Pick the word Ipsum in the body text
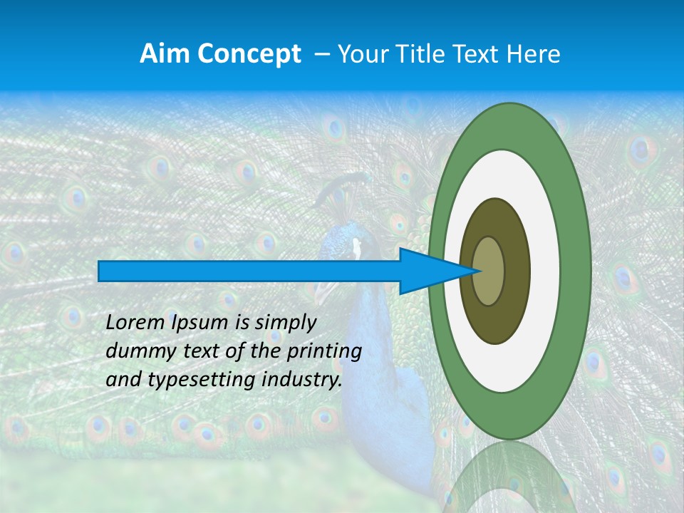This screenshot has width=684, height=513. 201,323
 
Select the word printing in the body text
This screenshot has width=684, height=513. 324,351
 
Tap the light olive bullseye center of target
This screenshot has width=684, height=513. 489,271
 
